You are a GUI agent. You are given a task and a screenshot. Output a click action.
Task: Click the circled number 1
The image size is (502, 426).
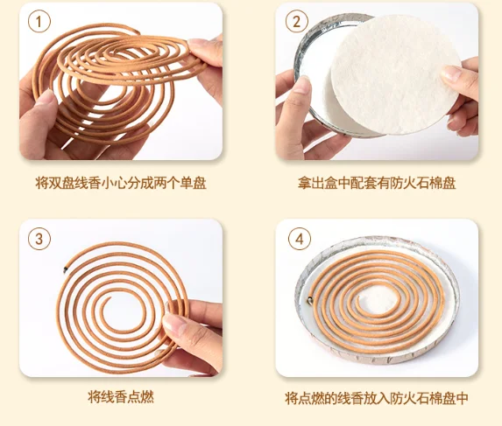(39, 22)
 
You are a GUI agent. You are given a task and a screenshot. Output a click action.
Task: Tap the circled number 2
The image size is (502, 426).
(297, 22)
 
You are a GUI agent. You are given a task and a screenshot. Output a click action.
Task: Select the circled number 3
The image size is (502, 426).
(39, 239)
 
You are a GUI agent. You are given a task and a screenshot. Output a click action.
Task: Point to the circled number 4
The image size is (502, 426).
(300, 239)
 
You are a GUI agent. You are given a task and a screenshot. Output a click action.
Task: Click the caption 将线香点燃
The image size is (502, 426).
(121, 397)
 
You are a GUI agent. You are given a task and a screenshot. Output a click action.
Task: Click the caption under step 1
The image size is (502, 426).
(121, 183)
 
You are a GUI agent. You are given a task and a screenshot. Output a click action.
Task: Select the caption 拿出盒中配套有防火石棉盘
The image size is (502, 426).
(377, 183)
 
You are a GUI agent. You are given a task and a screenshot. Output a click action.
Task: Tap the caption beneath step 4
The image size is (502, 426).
(377, 398)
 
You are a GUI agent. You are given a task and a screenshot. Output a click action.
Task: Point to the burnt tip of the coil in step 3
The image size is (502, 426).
(66, 269)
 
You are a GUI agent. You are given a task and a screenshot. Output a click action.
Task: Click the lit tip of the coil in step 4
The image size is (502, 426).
(310, 300)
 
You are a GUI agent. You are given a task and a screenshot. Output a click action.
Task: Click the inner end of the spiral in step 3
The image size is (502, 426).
(110, 298)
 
